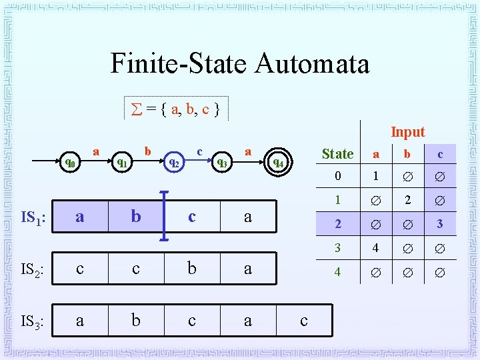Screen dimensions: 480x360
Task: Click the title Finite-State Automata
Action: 239,64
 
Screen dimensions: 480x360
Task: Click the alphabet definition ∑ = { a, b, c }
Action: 176,108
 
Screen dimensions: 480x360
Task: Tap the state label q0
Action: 69,162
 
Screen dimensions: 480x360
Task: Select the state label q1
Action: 122,161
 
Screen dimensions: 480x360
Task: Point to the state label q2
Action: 173,161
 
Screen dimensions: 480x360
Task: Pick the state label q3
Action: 222,161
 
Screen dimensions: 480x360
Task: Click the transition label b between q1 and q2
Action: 147,151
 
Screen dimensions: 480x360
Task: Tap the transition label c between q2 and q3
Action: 199,151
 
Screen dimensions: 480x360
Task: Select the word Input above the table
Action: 407,132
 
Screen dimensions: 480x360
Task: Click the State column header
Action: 337,154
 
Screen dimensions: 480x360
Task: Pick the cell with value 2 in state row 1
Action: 408,200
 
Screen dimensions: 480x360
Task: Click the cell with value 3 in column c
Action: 440,224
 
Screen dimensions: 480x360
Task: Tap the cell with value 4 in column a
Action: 376,248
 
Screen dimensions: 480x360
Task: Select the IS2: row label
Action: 32,269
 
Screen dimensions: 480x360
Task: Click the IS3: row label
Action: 32,321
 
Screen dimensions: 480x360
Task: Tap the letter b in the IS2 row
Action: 192,269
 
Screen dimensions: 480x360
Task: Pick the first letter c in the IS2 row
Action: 80,269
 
